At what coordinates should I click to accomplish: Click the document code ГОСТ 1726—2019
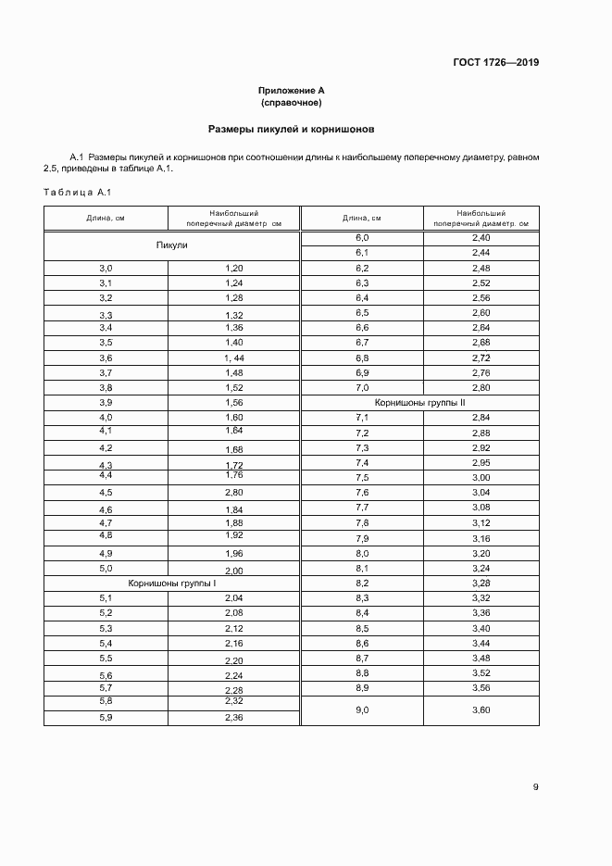[x=494, y=63]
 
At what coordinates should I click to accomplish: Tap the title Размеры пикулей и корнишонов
[x=291, y=131]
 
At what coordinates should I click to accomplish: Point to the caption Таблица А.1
[x=77, y=192]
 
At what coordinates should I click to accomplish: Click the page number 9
[x=535, y=787]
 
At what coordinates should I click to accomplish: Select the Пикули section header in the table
[x=171, y=245]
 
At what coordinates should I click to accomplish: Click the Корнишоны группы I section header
[x=171, y=584]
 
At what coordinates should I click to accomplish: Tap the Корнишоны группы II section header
[x=419, y=403]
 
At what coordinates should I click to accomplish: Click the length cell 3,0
[x=106, y=268]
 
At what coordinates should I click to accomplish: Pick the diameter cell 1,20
[x=233, y=268]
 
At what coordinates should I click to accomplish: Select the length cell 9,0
[x=362, y=709]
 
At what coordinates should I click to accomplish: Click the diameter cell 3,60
[x=481, y=709]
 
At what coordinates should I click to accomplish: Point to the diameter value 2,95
[x=481, y=462]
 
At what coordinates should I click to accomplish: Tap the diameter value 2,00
[x=233, y=571]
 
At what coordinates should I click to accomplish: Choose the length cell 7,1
[x=362, y=418]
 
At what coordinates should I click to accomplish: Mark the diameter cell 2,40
[x=481, y=238]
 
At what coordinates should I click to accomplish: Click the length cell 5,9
[x=106, y=718]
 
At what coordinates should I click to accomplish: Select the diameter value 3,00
[x=481, y=477]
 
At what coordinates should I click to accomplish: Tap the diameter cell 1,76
[x=233, y=475]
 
